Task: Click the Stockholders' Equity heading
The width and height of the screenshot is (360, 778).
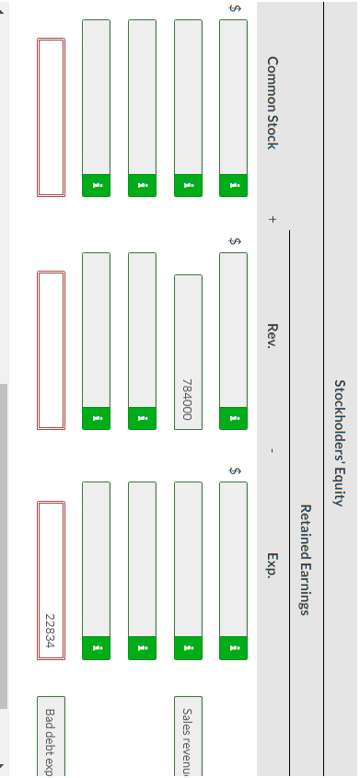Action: pyautogui.click(x=340, y=442)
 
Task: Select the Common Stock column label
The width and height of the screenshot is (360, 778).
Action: pyautogui.click(x=273, y=102)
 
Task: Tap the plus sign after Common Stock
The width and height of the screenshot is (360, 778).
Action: pyautogui.click(x=273, y=219)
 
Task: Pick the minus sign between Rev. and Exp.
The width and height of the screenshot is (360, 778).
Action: pyautogui.click(x=273, y=450)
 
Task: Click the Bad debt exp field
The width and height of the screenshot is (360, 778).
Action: pyautogui.click(x=51, y=737)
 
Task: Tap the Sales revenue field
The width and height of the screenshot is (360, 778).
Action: pyautogui.click(x=188, y=737)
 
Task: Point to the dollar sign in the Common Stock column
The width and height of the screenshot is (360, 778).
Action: pyautogui.click(x=235, y=8)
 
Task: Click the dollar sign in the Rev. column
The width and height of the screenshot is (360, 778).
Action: pyautogui.click(x=235, y=241)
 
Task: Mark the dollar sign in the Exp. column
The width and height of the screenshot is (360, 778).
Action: pyautogui.click(x=235, y=470)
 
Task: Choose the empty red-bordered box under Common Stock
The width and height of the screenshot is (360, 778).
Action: pyautogui.click(x=51, y=117)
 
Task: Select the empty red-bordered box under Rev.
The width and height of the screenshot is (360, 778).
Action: pyautogui.click(x=51, y=350)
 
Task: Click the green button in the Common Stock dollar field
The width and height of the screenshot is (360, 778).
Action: pyautogui.click(x=233, y=185)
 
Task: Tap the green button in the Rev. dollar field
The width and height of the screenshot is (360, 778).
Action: pyautogui.click(x=233, y=418)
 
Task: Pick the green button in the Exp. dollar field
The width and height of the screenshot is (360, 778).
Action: pyautogui.click(x=233, y=647)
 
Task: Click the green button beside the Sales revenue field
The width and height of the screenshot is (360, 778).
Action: pyautogui.click(x=188, y=647)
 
